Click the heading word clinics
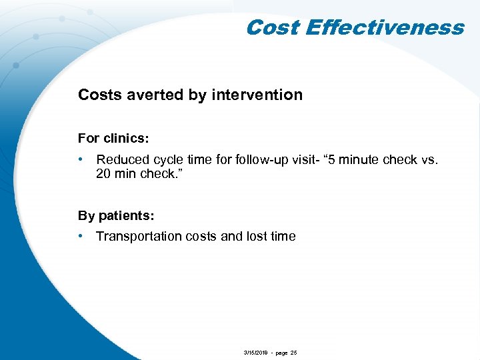[126, 139]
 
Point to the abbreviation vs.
[429, 159]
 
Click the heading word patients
[126, 215]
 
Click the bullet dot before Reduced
[81, 159]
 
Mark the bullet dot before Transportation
[81, 236]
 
